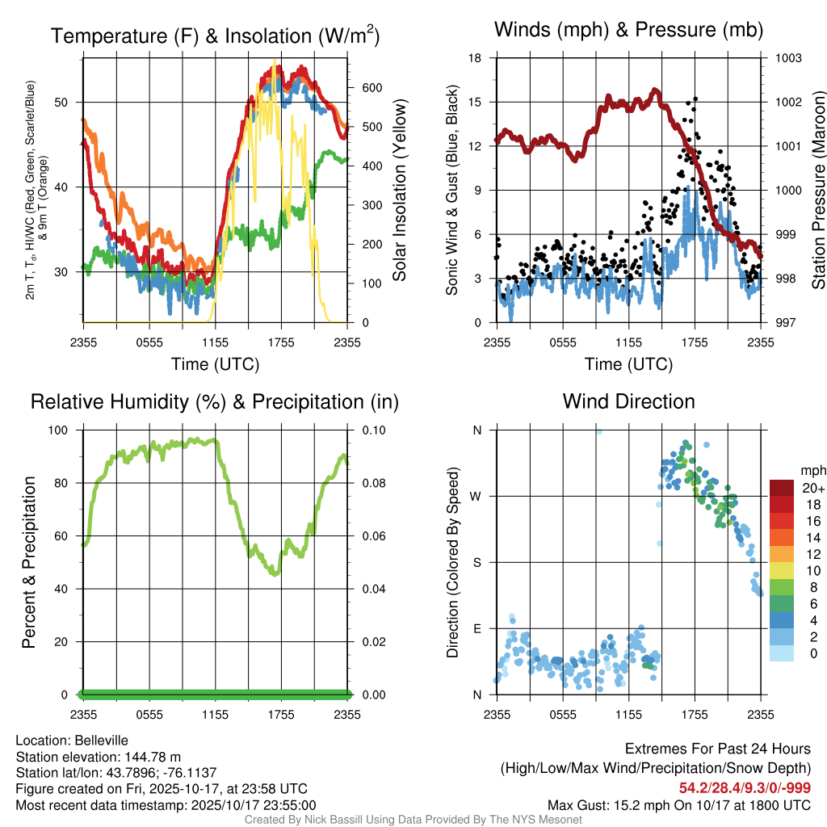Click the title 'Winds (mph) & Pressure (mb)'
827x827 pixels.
click(628, 31)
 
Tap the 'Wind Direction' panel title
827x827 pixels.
click(628, 401)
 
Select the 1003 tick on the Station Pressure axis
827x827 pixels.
click(787, 58)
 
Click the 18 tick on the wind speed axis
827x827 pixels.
click(476, 58)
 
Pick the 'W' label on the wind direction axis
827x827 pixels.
click(476, 496)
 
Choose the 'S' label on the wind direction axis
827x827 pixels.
click(476, 562)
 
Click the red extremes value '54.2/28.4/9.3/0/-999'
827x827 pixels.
click(745, 788)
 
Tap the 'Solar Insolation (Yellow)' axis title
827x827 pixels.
click(400, 191)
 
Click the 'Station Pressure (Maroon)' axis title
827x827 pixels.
click(817, 191)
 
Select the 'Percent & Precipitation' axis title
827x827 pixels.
click(28, 562)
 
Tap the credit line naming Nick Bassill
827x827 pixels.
click(413, 820)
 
